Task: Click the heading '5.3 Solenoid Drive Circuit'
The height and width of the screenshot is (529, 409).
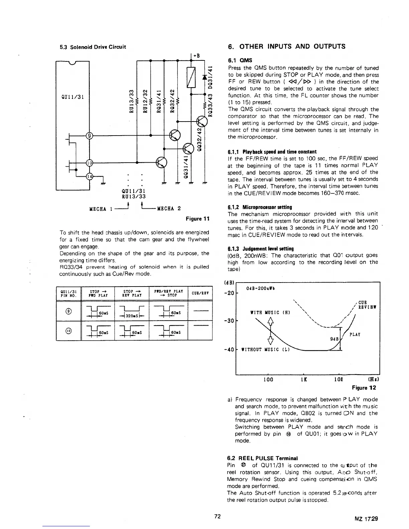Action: click(x=93, y=47)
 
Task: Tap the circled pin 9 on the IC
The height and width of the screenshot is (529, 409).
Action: click(x=90, y=136)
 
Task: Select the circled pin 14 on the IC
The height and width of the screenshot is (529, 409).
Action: click(x=90, y=176)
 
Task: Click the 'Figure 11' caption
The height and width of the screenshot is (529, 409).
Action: click(x=197, y=219)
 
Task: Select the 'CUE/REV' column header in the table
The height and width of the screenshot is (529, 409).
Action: click(x=200, y=293)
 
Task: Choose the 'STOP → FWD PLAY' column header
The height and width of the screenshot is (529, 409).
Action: click(x=98, y=293)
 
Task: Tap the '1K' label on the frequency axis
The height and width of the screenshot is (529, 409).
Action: click(x=304, y=379)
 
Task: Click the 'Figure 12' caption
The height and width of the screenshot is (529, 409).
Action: click(x=364, y=388)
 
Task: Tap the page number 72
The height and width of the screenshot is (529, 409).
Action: click(x=218, y=516)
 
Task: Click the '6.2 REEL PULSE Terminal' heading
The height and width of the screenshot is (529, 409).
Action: click(x=263, y=458)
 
